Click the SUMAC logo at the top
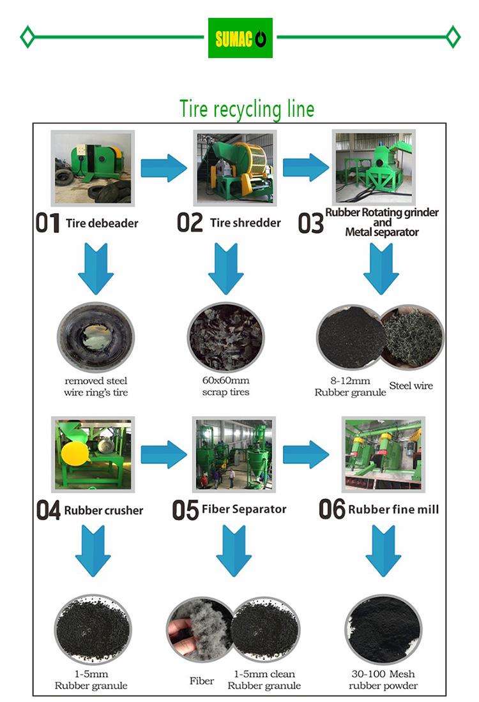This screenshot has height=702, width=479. pos(240,38)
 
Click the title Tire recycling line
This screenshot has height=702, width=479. pos(247,109)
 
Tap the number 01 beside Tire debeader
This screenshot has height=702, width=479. pos(47,224)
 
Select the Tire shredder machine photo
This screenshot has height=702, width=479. pos(236,168)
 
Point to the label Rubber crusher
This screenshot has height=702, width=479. pos(103,510)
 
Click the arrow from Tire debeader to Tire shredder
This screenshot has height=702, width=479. pos(163,168)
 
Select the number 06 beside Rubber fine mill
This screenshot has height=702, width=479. pos(331,509)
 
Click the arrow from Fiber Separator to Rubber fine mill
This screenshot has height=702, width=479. pos(305,454)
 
